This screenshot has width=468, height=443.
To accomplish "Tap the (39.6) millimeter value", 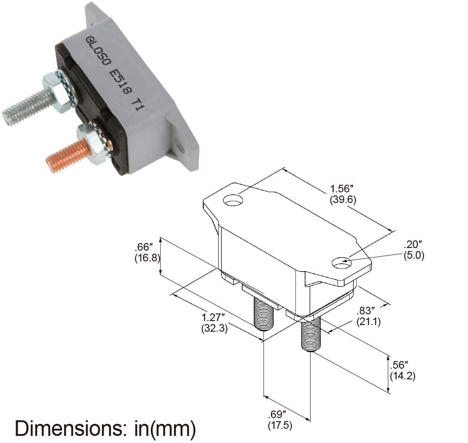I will tap(343, 199).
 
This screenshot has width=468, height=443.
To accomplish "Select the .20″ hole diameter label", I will tap(413, 244).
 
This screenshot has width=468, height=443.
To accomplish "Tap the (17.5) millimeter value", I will tap(280, 426).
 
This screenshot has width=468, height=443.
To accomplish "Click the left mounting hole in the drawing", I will tap(233, 201).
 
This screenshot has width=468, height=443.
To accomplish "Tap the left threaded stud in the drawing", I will tap(263, 314).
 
